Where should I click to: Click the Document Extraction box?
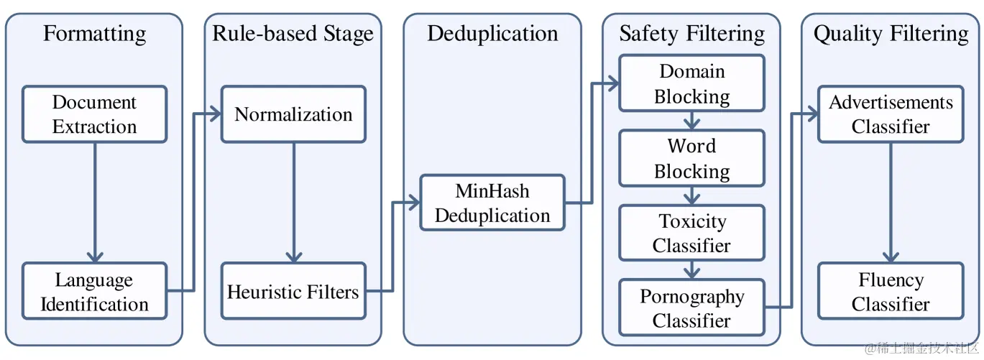[x=94, y=114]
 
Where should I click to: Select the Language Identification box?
[x=94, y=290]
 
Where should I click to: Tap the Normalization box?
[x=293, y=114]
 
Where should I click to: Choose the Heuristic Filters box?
[x=293, y=290]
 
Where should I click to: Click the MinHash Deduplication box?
[x=492, y=203]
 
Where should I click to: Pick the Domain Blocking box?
[x=692, y=83]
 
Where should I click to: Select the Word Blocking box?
[x=692, y=158]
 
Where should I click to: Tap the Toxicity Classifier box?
[x=692, y=233]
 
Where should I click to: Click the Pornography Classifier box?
[x=692, y=308]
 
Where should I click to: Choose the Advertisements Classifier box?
[x=891, y=114]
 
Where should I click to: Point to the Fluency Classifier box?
[x=891, y=290]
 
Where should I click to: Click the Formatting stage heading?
[x=94, y=34]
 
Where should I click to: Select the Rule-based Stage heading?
[x=293, y=34]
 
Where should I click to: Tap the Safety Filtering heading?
[x=692, y=34]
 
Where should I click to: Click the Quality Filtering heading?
[x=891, y=34]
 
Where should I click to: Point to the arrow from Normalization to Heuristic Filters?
[x=293, y=203]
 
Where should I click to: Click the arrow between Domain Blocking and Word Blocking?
[x=692, y=121]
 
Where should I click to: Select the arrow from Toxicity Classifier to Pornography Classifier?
[x=692, y=270]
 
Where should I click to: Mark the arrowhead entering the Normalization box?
[x=215, y=114]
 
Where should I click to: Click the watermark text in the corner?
[x=921, y=349]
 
